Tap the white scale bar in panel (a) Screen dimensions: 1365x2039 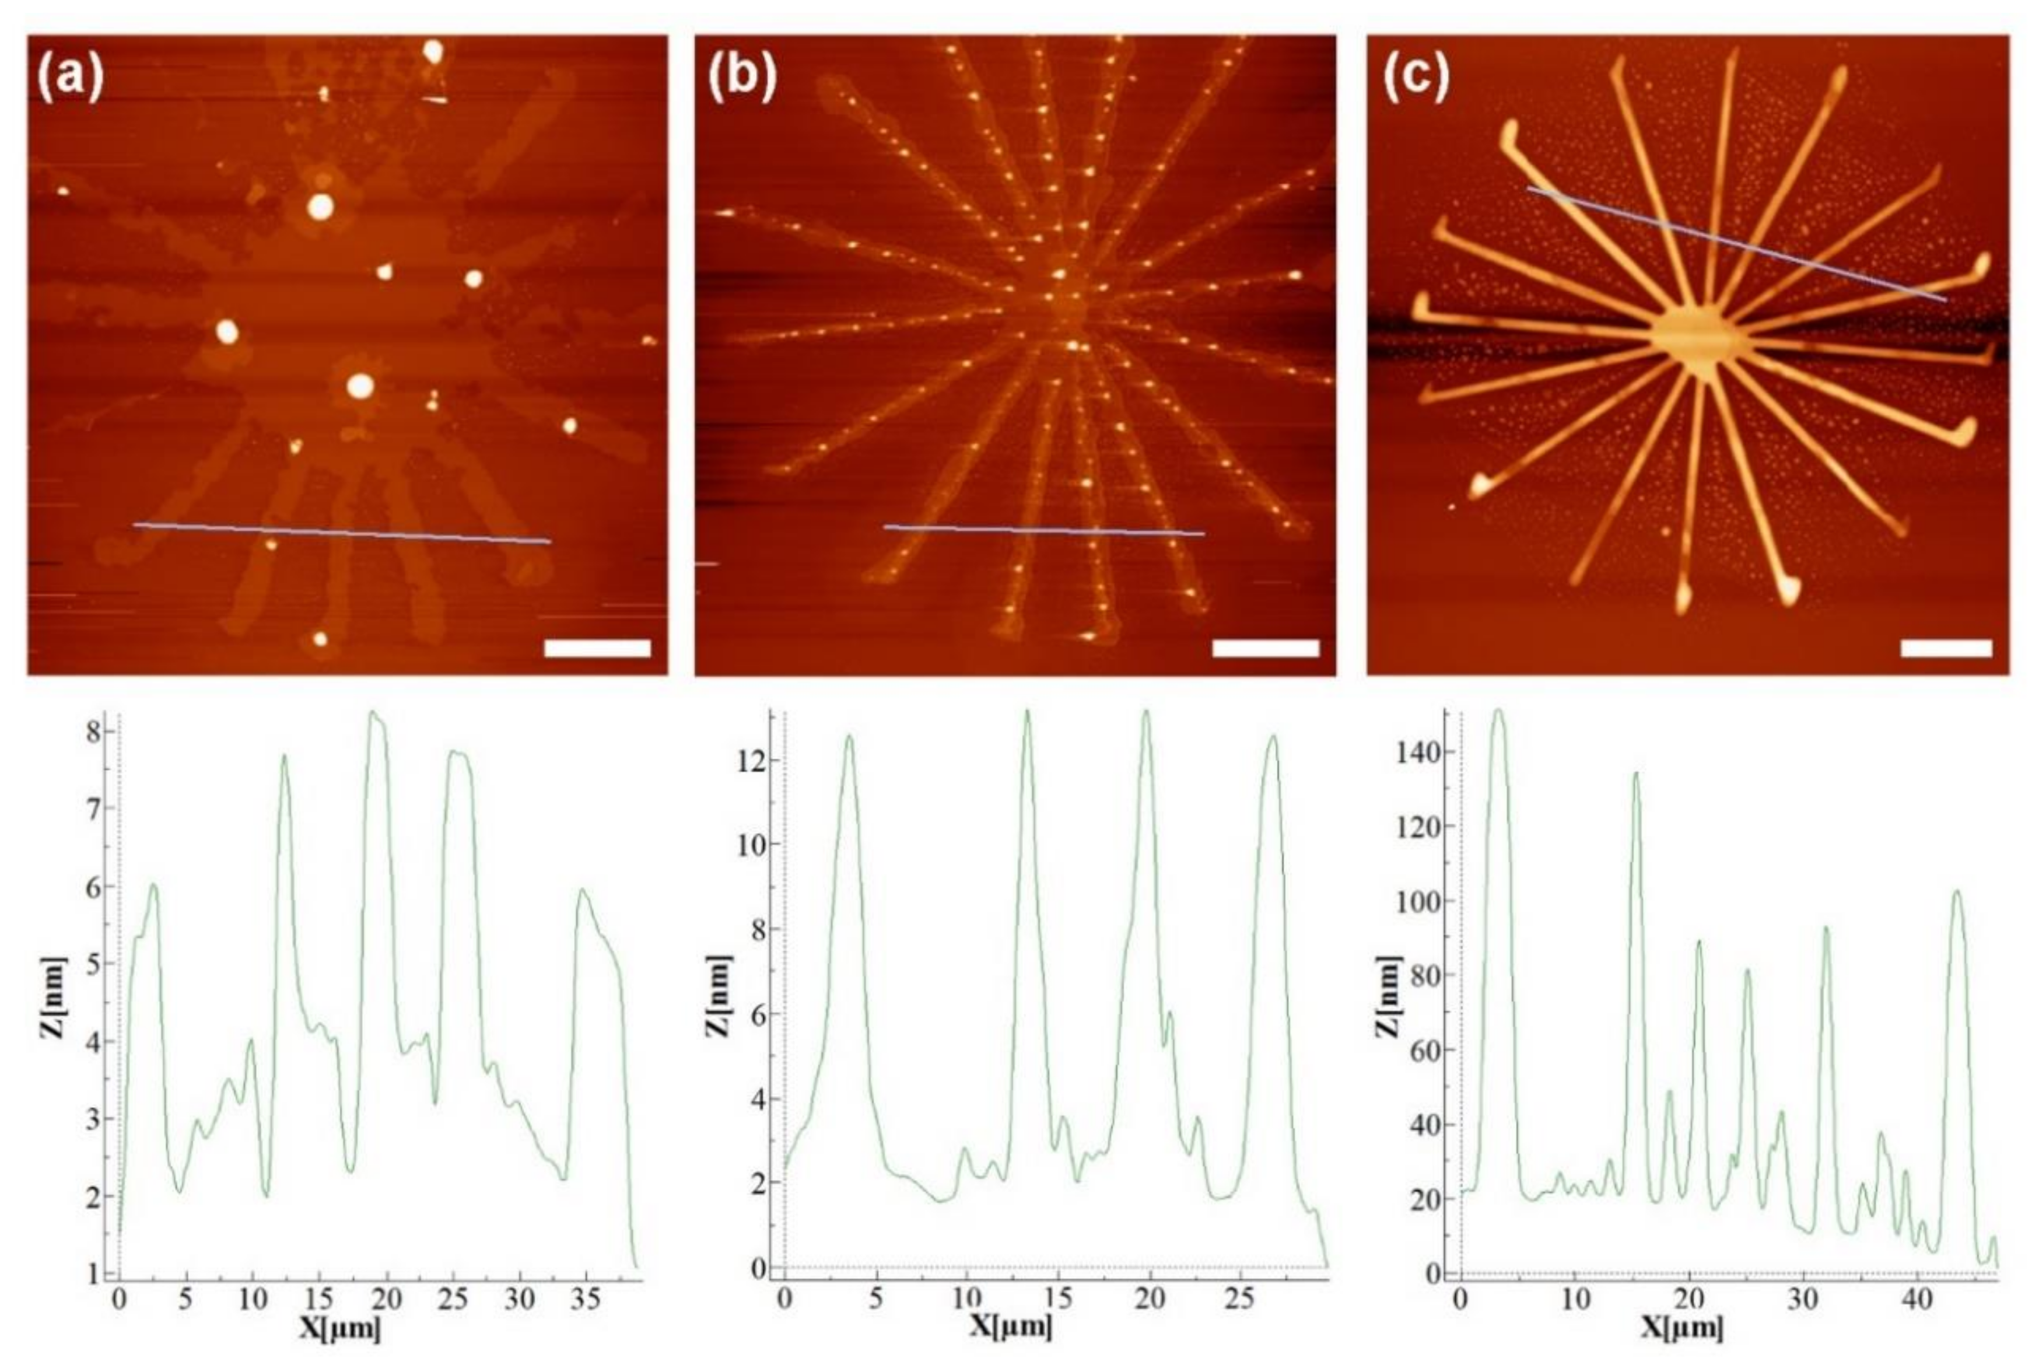tap(597, 647)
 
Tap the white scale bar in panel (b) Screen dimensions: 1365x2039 tap(1266, 647)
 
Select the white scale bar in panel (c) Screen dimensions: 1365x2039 tap(1946, 647)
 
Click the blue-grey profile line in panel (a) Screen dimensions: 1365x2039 tap(341, 533)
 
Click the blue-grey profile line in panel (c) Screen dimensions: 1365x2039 tap(1736, 244)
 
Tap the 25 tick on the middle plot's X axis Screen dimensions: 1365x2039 tap(1240, 1300)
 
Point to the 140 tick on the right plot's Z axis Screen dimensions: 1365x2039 tap(1420, 751)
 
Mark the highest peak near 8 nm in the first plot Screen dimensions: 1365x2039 tap(375, 714)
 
